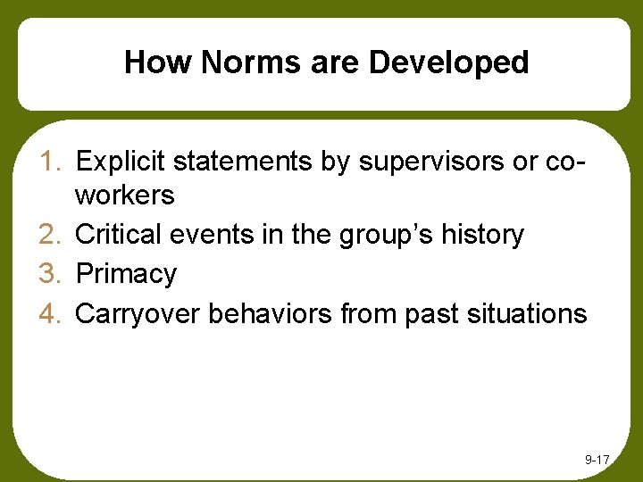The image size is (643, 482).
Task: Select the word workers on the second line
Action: pyautogui.click(x=125, y=195)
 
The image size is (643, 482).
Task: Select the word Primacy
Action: pyautogui.click(x=126, y=274)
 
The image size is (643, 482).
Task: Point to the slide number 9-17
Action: pyautogui.click(x=597, y=460)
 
